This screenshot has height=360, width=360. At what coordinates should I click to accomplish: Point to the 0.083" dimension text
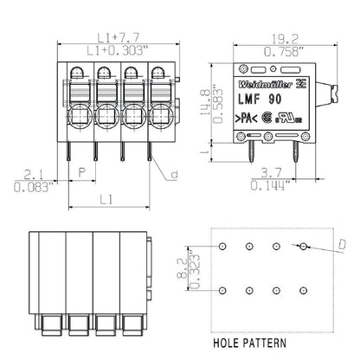coord(34,185)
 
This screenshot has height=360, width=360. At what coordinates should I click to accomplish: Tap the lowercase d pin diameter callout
coord(175,176)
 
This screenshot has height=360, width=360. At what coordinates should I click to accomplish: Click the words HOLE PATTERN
coord(251,342)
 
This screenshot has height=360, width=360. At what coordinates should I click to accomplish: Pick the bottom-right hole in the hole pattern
coord(302,289)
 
